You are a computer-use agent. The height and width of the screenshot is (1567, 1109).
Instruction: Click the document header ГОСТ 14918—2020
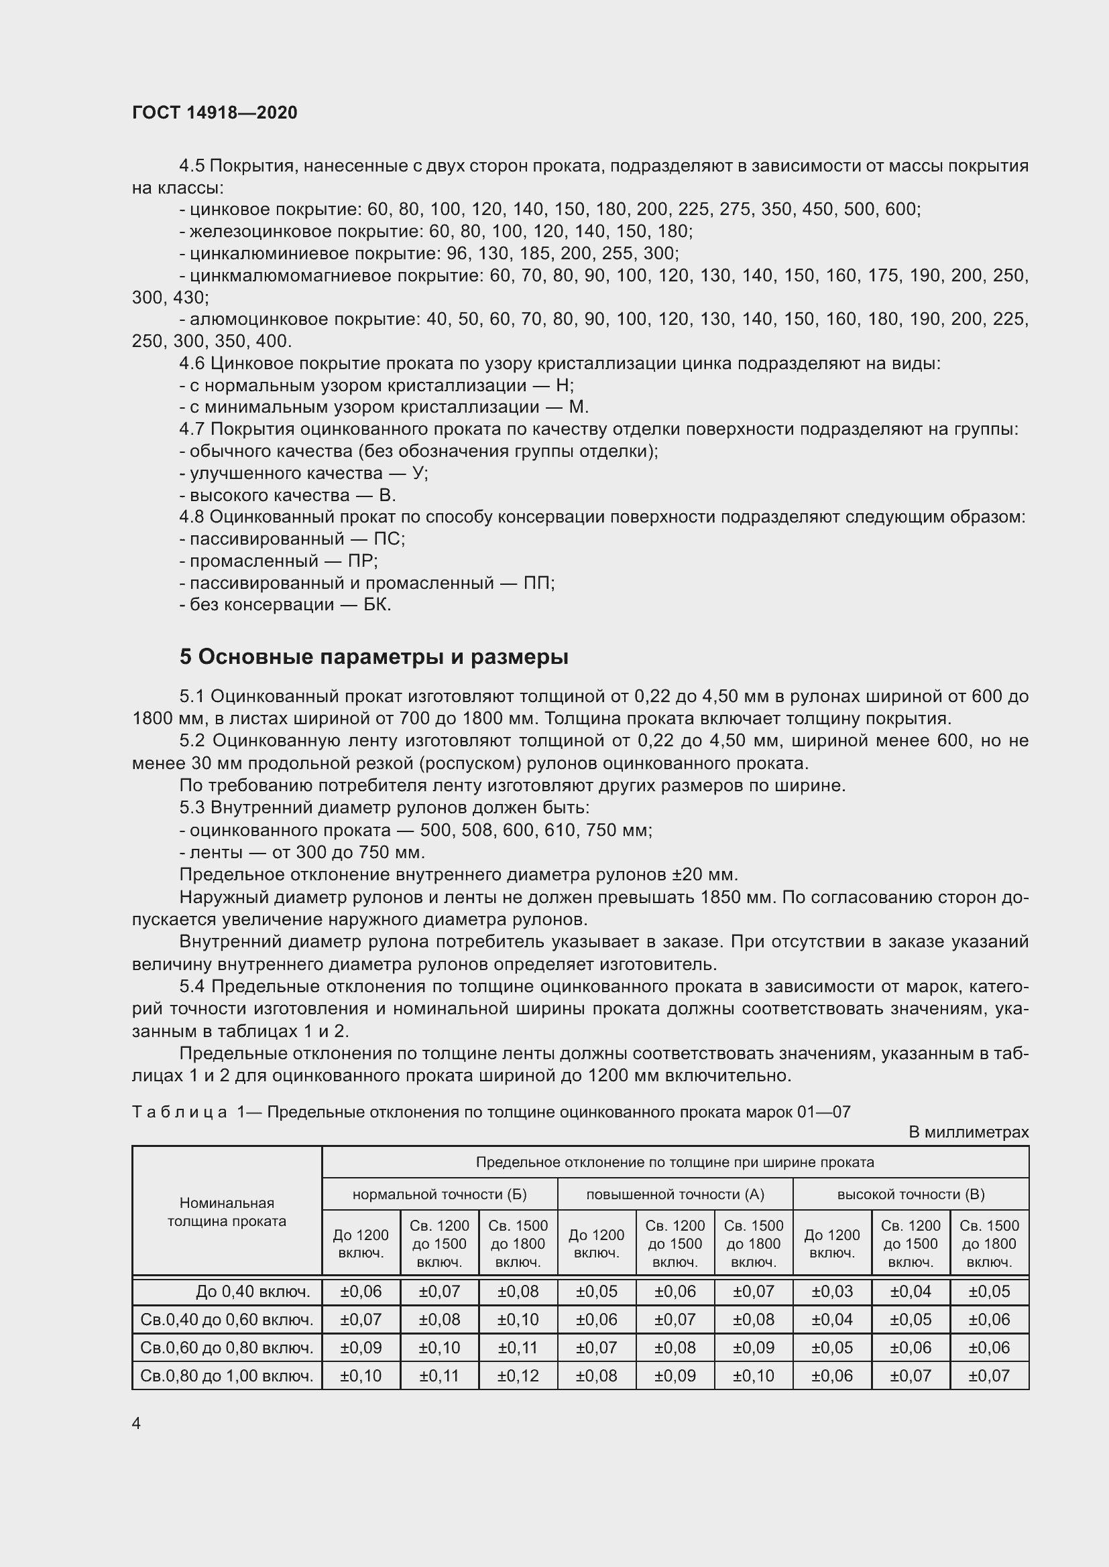pyautogui.click(x=215, y=113)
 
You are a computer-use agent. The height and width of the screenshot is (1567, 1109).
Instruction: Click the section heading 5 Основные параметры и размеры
pyautogui.click(x=373, y=657)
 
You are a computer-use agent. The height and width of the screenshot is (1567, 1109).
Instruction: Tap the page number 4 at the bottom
pyautogui.click(x=137, y=1423)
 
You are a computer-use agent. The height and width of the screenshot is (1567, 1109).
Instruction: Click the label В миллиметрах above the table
pyautogui.click(x=968, y=1132)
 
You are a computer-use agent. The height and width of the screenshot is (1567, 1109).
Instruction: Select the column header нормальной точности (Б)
pyautogui.click(x=439, y=1194)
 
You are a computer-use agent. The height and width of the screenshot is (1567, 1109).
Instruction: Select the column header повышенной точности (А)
pyautogui.click(x=675, y=1194)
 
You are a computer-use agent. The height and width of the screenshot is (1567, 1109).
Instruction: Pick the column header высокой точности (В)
pyautogui.click(x=911, y=1194)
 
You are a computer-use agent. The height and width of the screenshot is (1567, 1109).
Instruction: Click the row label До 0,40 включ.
pyautogui.click(x=253, y=1291)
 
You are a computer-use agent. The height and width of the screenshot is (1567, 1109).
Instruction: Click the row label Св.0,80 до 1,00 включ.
pyautogui.click(x=227, y=1376)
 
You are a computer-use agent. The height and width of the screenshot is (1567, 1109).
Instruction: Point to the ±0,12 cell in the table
pyautogui.click(x=518, y=1376)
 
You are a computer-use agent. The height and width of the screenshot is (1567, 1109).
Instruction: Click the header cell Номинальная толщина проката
pyautogui.click(x=227, y=1211)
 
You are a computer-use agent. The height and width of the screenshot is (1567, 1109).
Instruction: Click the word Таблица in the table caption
pyautogui.click(x=180, y=1112)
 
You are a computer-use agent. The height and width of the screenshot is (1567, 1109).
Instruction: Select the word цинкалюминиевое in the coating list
pyautogui.click(x=260, y=254)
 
